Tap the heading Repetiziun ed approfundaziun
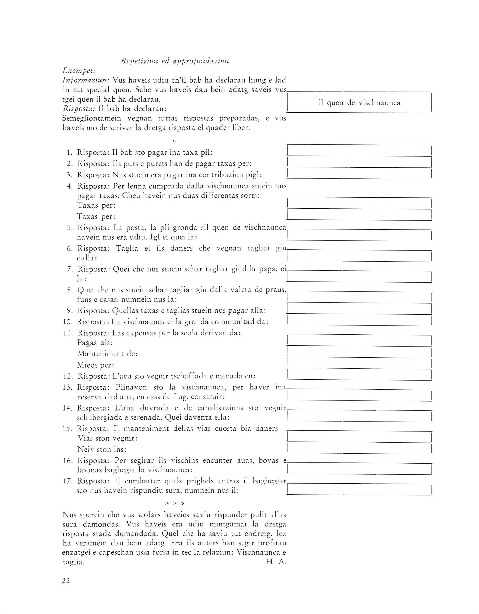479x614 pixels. [x=175, y=61]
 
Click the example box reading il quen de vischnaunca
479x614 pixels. [x=359, y=103]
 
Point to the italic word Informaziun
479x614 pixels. [x=86, y=80]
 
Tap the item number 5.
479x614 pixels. [x=70, y=228]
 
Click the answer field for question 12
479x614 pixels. [x=359, y=376]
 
